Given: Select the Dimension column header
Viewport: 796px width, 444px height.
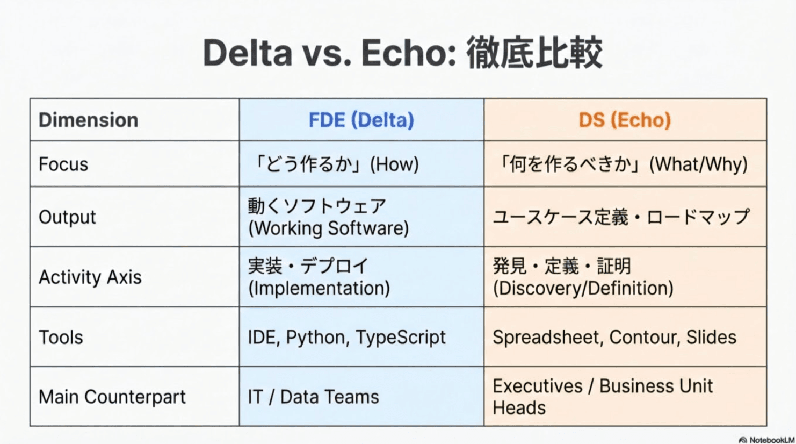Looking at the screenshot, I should click(88, 120).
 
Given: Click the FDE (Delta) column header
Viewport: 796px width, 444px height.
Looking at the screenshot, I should click(361, 120).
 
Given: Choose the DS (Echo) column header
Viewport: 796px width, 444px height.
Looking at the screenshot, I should click(625, 120).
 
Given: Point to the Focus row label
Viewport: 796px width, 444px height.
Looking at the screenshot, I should click(63, 164).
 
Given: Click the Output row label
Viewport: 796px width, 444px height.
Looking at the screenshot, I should click(67, 217).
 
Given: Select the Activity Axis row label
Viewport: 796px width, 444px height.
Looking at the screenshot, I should click(90, 277).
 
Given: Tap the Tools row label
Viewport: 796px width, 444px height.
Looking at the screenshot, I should click(61, 338).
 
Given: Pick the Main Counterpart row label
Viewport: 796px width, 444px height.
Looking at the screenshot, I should click(112, 397).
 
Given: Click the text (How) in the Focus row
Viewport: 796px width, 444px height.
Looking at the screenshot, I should click(394, 164).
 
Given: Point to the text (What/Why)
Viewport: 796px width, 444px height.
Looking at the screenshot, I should click(698, 164).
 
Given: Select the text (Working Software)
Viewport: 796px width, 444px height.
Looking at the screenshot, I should click(328, 228).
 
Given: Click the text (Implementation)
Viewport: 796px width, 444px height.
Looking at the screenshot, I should click(319, 289).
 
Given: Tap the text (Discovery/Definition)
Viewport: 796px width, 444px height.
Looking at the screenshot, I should click(583, 289).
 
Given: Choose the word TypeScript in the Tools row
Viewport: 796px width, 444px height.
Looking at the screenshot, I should click(401, 338).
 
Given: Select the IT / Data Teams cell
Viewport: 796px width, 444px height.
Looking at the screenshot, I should click(313, 397).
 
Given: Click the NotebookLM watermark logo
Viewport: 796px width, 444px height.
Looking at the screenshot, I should click(743, 440).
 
